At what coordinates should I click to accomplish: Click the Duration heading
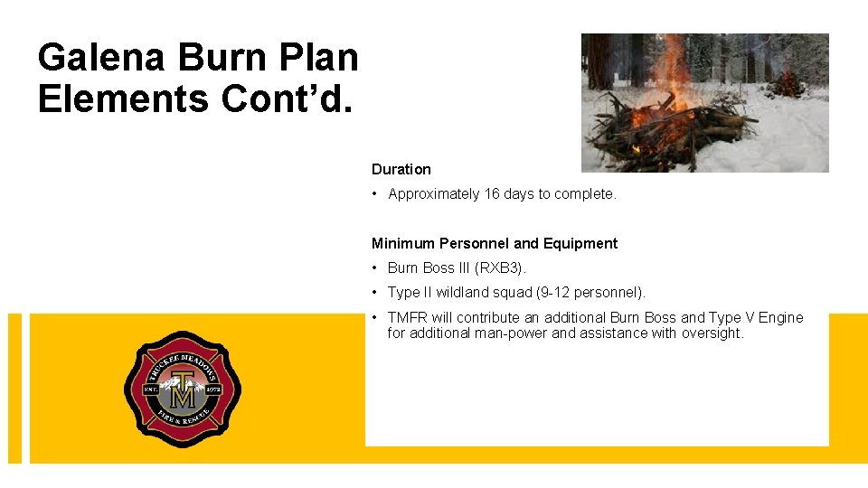click(x=401, y=169)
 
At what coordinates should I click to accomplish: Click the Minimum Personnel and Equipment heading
click(x=495, y=243)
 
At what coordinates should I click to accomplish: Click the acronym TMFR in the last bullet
click(x=407, y=317)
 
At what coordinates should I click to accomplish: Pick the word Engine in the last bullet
click(x=780, y=317)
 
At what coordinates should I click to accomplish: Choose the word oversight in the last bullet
click(x=710, y=333)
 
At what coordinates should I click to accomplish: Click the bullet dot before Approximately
click(x=375, y=193)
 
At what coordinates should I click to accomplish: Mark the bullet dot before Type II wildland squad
click(x=375, y=292)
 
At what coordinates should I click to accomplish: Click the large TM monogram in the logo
click(x=183, y=390)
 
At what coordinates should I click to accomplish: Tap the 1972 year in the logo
click(x=213, y=389)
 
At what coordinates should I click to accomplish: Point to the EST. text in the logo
click(x=151, y=389)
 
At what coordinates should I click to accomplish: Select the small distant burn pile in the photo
click(x=788, y=85)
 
